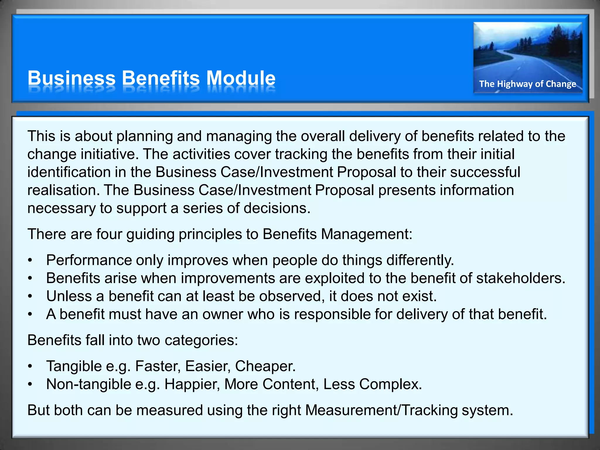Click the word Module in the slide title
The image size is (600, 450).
coord(241,78)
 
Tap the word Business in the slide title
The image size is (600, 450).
coord(71,78)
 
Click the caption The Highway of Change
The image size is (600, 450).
coord(527,84)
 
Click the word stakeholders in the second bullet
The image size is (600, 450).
coord(520,278)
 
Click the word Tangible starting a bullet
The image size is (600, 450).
coord(74,366)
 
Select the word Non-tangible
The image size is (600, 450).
coord(88,384)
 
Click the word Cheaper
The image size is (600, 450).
coord(265,366)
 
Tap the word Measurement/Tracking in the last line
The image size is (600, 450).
coord(381,410)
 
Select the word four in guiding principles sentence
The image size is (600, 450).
coord(109,234)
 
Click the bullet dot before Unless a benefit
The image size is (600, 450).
coord(30,296)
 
